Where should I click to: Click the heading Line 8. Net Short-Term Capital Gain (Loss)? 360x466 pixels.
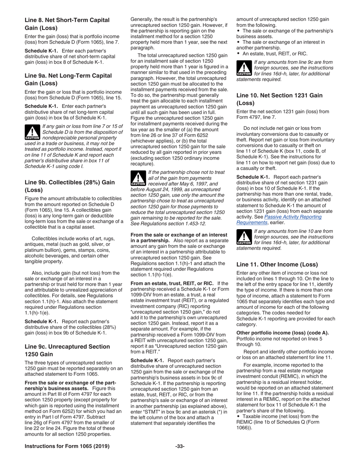67,24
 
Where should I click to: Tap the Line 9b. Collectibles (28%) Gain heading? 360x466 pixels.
69,186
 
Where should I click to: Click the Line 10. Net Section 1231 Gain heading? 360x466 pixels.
279,99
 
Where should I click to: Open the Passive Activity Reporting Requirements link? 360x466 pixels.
279,220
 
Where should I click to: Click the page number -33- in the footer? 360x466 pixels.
180,446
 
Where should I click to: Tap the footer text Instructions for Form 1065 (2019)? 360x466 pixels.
67,446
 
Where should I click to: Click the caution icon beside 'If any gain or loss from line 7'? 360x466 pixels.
32,132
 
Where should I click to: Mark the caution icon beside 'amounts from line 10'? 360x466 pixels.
244,237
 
